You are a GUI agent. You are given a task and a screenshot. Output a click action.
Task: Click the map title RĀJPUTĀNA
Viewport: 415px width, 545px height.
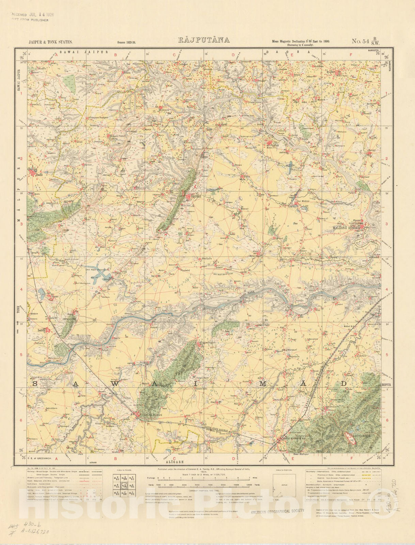tap(204, 40)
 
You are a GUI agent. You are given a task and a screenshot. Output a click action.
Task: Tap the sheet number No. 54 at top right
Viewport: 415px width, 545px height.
tap(361, 42)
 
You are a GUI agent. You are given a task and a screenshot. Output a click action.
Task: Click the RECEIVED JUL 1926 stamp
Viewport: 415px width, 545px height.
tap(32, 15)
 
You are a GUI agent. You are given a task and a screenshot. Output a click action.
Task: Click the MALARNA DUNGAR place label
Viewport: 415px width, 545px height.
tap(347, 229)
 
